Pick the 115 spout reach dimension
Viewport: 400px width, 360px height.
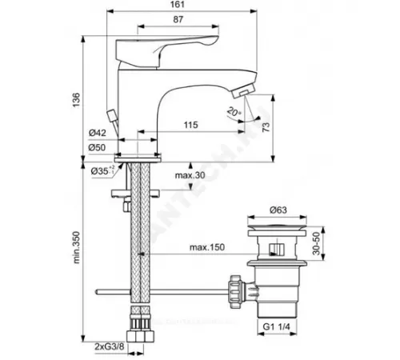coord(190,126)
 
